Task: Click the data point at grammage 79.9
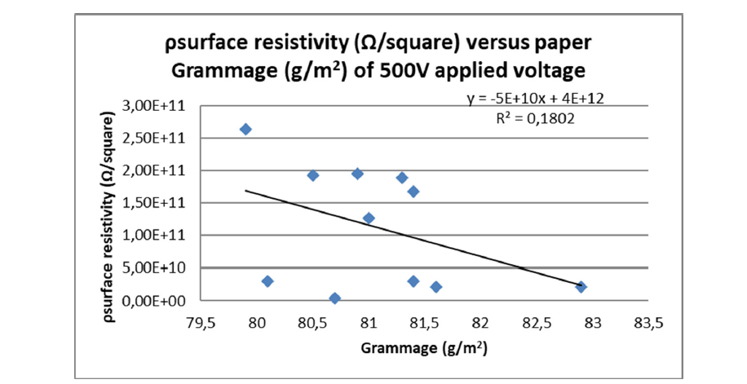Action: pyautogui.click(x=245, y=129)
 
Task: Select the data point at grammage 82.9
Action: pyautogui.click(x=581, y=287)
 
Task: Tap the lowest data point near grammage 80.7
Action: pyautogui.click(x=334, y=298)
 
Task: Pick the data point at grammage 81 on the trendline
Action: pyautogui.click(x=369, y=218)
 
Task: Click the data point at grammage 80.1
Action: pyautogui.click(x=267, y=281)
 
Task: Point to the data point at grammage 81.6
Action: pyautogui.click(x=436, y=287)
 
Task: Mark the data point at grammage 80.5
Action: pyautogui.click(x=313, y=175)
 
